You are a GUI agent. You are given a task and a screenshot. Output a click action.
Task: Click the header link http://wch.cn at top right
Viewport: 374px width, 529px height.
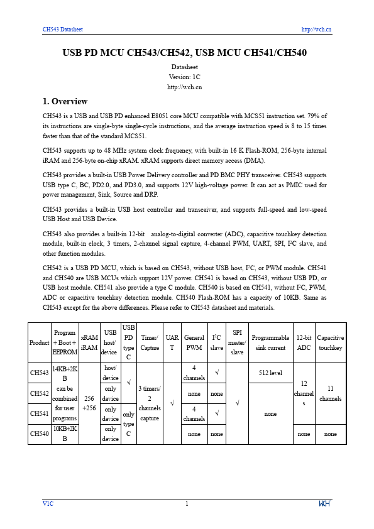316,29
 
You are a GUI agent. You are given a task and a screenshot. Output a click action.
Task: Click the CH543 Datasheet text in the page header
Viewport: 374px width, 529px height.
62,29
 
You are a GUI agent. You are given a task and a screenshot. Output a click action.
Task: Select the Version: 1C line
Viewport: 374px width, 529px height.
187,77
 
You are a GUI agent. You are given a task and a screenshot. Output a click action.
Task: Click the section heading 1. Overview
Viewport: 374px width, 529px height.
65,101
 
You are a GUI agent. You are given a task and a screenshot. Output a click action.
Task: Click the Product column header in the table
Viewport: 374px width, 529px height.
40,342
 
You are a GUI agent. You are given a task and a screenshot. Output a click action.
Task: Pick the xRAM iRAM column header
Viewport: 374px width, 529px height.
89,342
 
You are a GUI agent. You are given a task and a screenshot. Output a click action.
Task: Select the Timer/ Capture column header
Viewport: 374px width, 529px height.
150,342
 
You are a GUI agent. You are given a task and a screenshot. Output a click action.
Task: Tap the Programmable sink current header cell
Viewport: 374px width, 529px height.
270,342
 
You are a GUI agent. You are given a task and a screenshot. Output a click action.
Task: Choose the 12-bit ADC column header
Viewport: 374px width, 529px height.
304,342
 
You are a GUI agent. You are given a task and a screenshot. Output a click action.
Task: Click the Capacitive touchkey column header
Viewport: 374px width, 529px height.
331,342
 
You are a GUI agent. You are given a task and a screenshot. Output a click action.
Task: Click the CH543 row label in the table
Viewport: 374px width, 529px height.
40,373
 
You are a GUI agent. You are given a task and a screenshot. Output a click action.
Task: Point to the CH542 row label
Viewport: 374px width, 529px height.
40,393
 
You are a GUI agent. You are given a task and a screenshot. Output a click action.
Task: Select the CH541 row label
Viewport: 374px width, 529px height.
40,413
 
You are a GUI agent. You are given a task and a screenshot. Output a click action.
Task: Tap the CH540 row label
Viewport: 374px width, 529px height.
40,434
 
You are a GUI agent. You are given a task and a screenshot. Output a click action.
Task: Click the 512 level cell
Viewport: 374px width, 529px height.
270,373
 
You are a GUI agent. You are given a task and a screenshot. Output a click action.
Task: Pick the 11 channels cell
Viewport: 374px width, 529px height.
331,393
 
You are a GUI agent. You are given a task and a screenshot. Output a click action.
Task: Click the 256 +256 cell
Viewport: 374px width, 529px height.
89,403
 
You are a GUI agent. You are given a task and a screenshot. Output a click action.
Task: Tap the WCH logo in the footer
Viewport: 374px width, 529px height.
324,504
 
